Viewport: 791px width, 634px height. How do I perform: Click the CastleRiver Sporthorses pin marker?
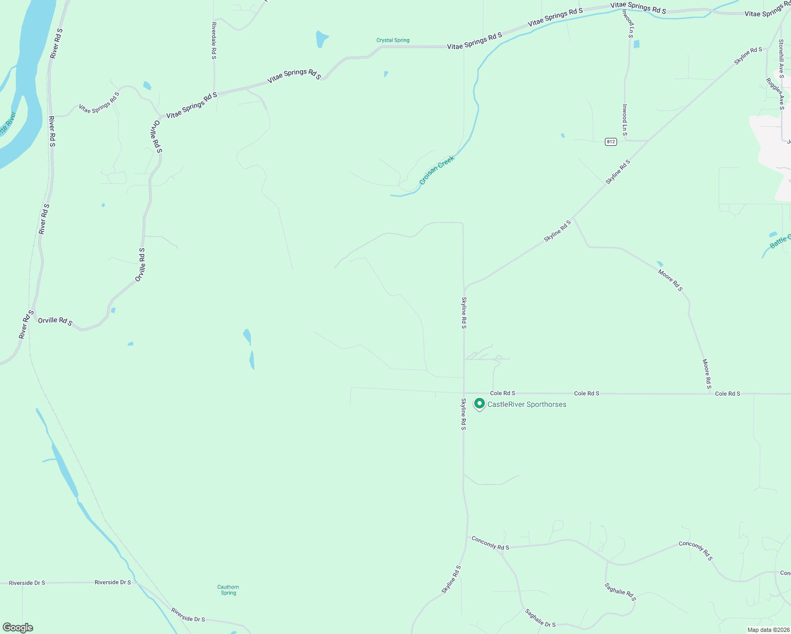click(x=479, y=404)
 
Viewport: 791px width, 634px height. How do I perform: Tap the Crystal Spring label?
click(x=393, y=40)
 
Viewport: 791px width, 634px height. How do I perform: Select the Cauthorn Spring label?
click(x=228, y=590)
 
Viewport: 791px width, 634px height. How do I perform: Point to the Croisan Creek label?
click(x=436, y=170)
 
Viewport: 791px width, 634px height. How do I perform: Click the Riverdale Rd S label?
click(x=214, y=40)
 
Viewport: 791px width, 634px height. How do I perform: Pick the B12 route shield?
click(x=611, y=142)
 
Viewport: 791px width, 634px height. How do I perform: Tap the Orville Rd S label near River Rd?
click(x=55, y=321)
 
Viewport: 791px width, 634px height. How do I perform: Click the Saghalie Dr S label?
click(x=540, y=618)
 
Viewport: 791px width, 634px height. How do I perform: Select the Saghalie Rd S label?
click(x=620, y=592)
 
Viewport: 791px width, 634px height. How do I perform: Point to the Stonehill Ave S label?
click(x=781, y=58)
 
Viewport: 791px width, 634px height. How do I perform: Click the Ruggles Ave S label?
click(x=776, y=94)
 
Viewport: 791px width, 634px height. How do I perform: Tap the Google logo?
click(x=18, y=628)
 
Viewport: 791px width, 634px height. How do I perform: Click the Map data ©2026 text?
click(x=768, y=630)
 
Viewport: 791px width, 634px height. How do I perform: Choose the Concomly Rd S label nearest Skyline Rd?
click(x=490, y=543)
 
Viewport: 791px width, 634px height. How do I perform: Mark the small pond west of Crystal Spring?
click(x=321, y=39)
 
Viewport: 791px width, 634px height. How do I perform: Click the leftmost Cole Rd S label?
click(x=502, y=393)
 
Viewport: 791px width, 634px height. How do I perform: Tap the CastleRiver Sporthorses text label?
click(x=527, y=405)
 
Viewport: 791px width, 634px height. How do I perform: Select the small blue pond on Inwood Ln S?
click(x=636, y=44)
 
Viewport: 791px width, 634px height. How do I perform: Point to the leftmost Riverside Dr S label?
click(x=27, y=583)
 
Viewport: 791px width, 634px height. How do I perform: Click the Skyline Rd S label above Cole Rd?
click(x=464, y=313)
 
